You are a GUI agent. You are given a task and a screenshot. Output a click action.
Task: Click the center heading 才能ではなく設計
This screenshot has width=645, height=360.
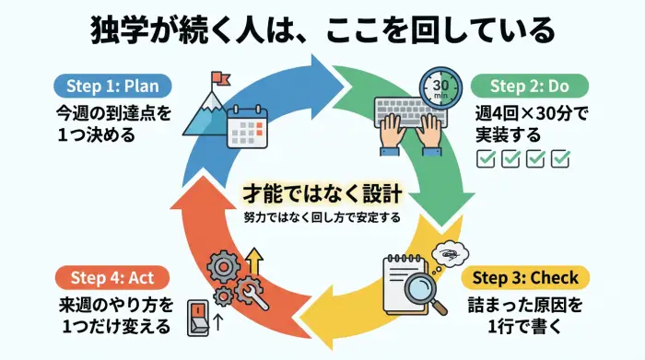[322, 194]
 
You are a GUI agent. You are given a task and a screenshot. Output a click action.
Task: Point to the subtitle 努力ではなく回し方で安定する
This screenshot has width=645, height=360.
[322, 219]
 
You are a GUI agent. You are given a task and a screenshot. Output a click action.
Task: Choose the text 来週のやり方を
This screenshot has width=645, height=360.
[108, 305]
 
